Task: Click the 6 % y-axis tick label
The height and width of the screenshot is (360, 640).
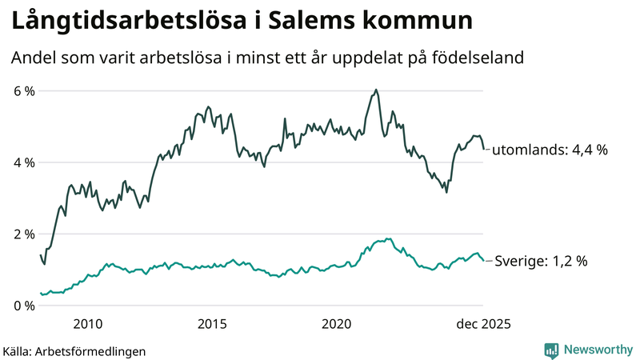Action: pyautogui.click(x=24, y=91)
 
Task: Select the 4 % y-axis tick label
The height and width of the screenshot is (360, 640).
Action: pyautogui.click(x=24, y=162)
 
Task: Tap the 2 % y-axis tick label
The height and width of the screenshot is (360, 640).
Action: pyautogui.click(x=24, y=234)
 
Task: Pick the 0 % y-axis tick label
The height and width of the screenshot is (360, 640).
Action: pyautogui.click(x=24, y=306)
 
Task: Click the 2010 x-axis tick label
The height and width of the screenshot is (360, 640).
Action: pyautogui.click(x=87, y=324)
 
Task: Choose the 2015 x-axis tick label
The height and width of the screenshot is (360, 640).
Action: pyautogui.click(x=212, y=324)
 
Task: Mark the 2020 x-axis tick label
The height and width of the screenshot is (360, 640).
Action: pyautogui.click(x=337, y=324)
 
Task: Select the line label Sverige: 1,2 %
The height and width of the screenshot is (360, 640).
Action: pyautogui.click(x=542, y=261)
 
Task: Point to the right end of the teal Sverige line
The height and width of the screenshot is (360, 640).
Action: pyautogui.click(x=482, y=261)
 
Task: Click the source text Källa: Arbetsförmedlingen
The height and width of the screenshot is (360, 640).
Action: pyautogui.click(x=74, y=351)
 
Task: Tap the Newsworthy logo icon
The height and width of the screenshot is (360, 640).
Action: pyautogui.click(x=551, y=350)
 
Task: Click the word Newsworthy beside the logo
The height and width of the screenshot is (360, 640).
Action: pyautogui.click(x=598, y=350)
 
